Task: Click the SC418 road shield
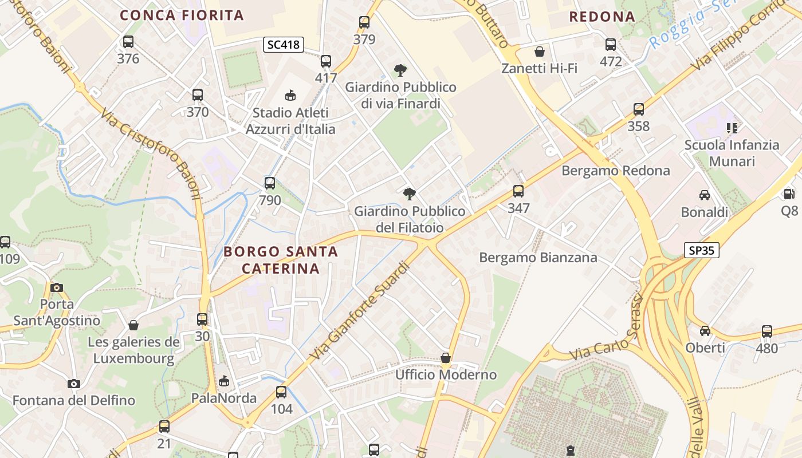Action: pos(284,45)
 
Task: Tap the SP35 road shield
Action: pos(701,250)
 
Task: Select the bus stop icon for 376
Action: pos(128,42)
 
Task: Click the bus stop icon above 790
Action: pos(270,183)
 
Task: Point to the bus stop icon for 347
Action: pos(518,191)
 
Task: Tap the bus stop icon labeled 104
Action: pos(281,392)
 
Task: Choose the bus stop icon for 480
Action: pos(767,331)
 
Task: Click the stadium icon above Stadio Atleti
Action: pos(290,95)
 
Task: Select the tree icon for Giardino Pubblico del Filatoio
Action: pos(410,194)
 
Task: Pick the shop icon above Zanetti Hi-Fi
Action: pos(539,52)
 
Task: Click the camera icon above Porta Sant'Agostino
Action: pos(57,287)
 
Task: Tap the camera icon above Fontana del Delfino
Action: pos(73,384)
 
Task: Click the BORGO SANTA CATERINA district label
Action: pos(281,260)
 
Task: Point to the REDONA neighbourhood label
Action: pos(602,17)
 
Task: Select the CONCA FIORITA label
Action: pos(182,15)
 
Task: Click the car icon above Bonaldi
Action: pos(705,195)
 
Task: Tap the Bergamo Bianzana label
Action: pos(538,258)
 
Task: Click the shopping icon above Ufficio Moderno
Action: pos(446,358)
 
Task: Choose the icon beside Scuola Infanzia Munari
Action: pos(732,128)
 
